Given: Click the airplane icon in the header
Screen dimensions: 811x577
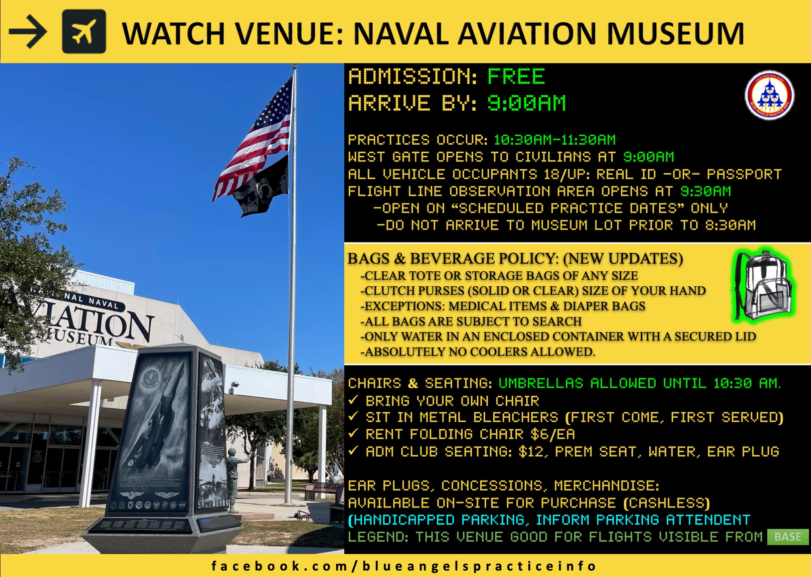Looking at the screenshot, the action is pos(84,32).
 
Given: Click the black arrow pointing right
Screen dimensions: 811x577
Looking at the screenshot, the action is pos(28,32).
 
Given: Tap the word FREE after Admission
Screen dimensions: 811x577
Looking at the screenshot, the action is pos(516,77).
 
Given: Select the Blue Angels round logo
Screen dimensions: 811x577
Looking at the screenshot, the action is pos(769,96).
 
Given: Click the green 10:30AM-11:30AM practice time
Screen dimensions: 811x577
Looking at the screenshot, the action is pos(555,140).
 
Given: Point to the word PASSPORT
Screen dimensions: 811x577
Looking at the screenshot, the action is pos(744,174).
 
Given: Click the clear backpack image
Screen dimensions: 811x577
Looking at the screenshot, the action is pos(764,286).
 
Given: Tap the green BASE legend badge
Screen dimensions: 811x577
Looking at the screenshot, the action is pos(787,537).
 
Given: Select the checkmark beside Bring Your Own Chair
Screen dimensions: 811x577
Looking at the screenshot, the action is pos(354,400).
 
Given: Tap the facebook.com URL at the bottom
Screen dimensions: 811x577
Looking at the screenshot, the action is pos(404,566).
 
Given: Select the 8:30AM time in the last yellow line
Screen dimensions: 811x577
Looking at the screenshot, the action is pos(730,225).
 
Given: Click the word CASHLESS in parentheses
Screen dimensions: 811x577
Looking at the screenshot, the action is pos(667,503).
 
